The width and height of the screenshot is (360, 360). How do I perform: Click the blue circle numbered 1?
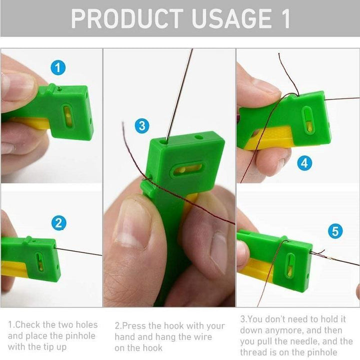pos(58,67)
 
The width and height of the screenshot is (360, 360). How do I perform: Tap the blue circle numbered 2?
pos(59,223)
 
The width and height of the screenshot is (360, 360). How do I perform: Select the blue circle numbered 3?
pos(142,126)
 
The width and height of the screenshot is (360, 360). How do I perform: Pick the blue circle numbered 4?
pos(304,163)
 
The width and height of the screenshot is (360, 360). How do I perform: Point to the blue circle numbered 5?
pos(335,231)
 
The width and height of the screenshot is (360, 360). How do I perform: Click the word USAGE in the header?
pos(232,18)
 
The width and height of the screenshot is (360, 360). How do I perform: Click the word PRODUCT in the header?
pos(127,18)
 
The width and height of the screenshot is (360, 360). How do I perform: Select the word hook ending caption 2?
pos(151,348)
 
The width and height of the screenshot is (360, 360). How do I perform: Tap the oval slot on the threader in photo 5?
pos(290,265)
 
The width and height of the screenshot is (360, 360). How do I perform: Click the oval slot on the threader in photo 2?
pos(40,261)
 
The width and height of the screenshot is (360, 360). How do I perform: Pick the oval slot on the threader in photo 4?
pos(308,120)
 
